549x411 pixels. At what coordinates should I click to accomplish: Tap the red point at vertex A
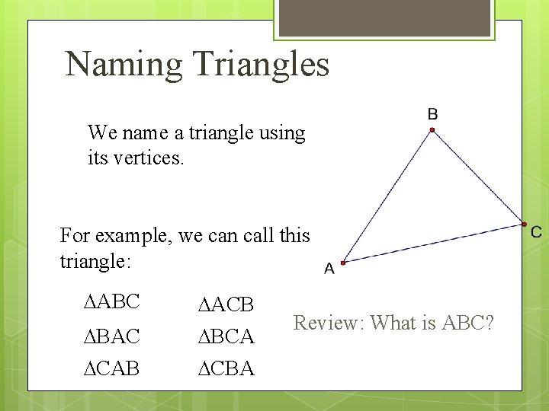[x=343, y=263]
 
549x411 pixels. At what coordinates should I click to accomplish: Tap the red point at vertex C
[x=525, y=224]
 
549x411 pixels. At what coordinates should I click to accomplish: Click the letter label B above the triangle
[x=432, y=114]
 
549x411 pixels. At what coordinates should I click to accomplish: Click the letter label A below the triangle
[x=329, y=269]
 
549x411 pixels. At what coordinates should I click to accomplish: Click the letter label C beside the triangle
[x=536, y=232]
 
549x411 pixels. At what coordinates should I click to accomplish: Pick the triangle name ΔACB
[x=226, y=305]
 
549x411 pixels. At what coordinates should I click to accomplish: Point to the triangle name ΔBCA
[x=226, y=335]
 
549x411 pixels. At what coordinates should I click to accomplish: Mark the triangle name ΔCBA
[x=226, y=368]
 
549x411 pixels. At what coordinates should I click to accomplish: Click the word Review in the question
[x=329, y=323]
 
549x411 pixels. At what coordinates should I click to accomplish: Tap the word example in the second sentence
[x=135, y=235]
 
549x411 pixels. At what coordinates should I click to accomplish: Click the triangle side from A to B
[x=387, y=197]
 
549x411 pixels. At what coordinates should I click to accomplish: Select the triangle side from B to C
[x=478, y=177]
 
